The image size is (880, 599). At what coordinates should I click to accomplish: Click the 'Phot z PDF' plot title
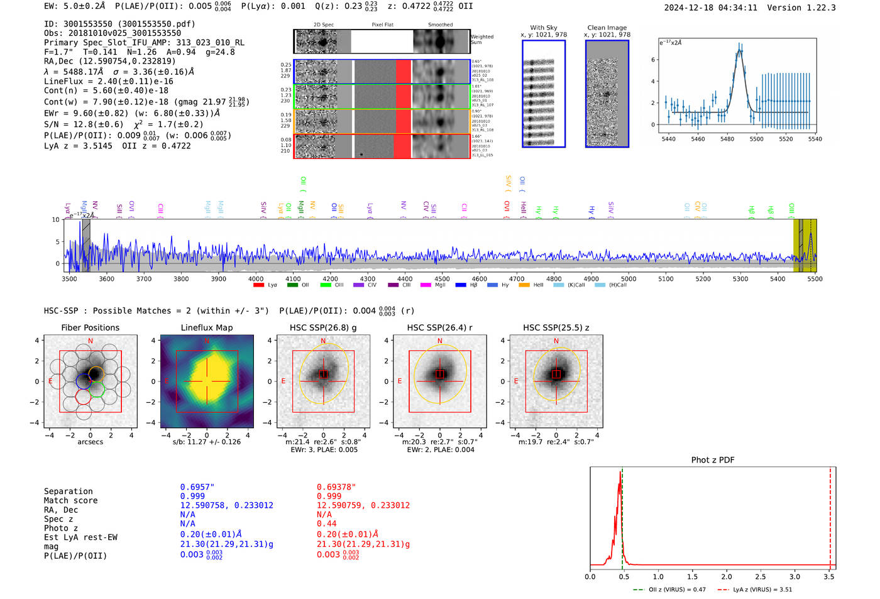(713, 460)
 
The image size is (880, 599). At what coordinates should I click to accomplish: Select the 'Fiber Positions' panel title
(90, 327)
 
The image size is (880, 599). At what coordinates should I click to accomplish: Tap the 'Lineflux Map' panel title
(207, 327)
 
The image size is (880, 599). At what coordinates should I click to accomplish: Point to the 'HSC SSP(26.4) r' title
(439, 327)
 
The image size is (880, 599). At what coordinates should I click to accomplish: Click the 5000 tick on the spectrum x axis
(629, 279)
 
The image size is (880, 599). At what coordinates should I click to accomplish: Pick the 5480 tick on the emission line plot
(727, 139)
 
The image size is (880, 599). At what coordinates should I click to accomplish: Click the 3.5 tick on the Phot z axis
(829, 576)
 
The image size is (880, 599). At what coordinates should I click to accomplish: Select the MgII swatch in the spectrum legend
(426, 285)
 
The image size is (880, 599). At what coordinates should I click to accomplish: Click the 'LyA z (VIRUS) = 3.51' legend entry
(755, 590)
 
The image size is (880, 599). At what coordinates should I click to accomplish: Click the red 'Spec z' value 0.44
(327, 524)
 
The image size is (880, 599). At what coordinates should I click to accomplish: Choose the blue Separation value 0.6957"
(197, 487)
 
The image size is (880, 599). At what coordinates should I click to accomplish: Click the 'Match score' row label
(71, 500)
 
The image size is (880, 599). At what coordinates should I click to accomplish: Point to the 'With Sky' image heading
(543, 28)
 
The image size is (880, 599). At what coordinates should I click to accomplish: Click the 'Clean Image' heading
(607, 28)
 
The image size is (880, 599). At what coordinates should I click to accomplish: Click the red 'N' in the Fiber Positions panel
(91, 341)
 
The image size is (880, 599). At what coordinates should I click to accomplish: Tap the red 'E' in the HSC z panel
(516, 382)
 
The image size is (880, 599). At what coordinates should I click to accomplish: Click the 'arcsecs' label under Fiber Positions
(91, 442)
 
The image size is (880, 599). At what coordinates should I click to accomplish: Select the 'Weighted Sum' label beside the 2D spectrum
(481, 40)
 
